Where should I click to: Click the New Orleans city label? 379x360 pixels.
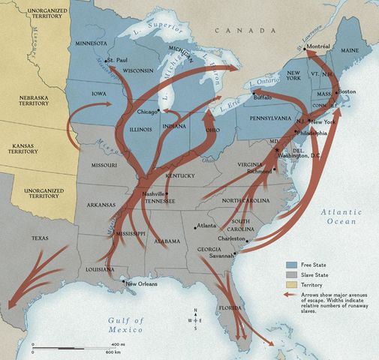click(x=143, y=284)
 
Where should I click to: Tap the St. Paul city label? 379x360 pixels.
click(x=120, y=60)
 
